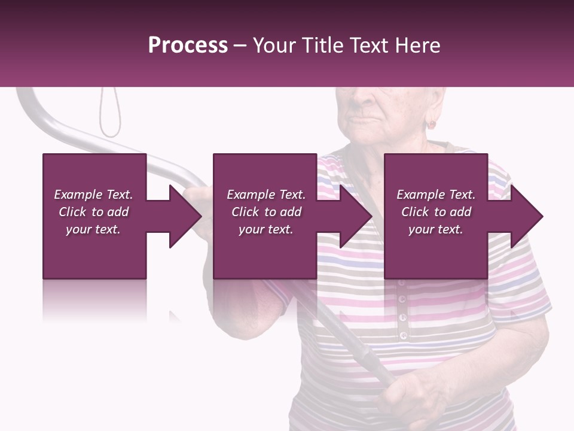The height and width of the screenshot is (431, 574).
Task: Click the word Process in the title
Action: click(x=188, y=45)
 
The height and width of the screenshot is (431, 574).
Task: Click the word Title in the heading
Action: click(x=322, y=45)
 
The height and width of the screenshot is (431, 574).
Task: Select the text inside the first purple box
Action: click(x=94, y=212)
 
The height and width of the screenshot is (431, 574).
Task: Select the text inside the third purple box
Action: click(x=436, y=212)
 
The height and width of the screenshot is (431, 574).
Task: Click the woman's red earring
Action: click(x=430, y=125)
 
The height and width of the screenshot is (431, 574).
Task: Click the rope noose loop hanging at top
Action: click(x=109, y=114)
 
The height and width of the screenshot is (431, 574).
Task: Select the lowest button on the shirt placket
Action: click(x=404, y=335)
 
